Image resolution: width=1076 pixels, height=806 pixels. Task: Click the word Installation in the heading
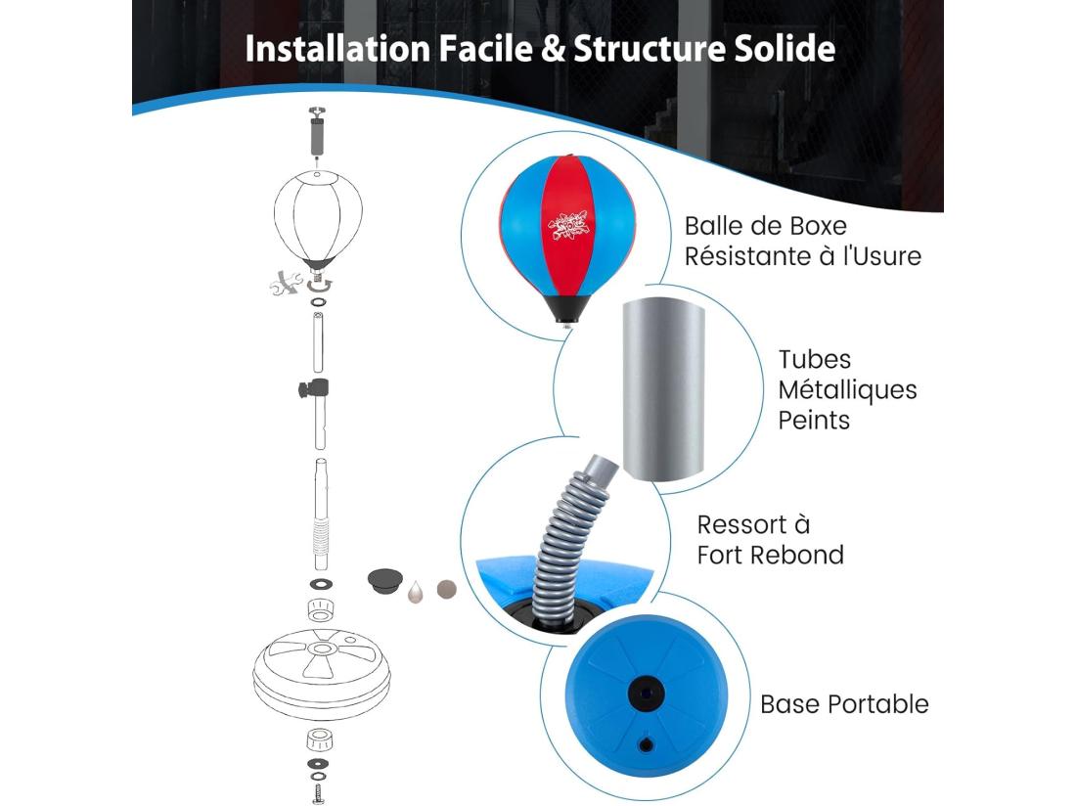[x=336, y=49]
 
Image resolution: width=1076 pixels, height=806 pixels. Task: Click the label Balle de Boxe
[x=765, y=226]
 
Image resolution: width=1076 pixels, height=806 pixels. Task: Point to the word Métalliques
[x=847, y=389]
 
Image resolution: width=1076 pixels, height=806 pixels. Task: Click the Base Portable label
[x=844, y=704]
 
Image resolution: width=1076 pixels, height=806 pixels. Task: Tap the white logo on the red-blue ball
[x=567, y=226]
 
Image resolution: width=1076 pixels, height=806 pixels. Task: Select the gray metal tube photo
[x=663, y=389]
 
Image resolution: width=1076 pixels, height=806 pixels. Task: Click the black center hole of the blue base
[x=646, y=694]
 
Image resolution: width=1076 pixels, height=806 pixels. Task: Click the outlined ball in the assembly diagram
[x=318, y=218]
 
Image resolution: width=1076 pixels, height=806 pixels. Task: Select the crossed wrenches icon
[x=286, y=283]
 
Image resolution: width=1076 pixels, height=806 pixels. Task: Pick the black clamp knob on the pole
[x=314, y=389]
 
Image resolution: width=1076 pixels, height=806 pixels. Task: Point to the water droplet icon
[x=415, y=592]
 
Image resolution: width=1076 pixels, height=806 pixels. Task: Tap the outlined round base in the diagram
[x=321, y=674]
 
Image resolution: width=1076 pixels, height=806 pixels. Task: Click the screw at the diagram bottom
[x=318, y=793]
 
